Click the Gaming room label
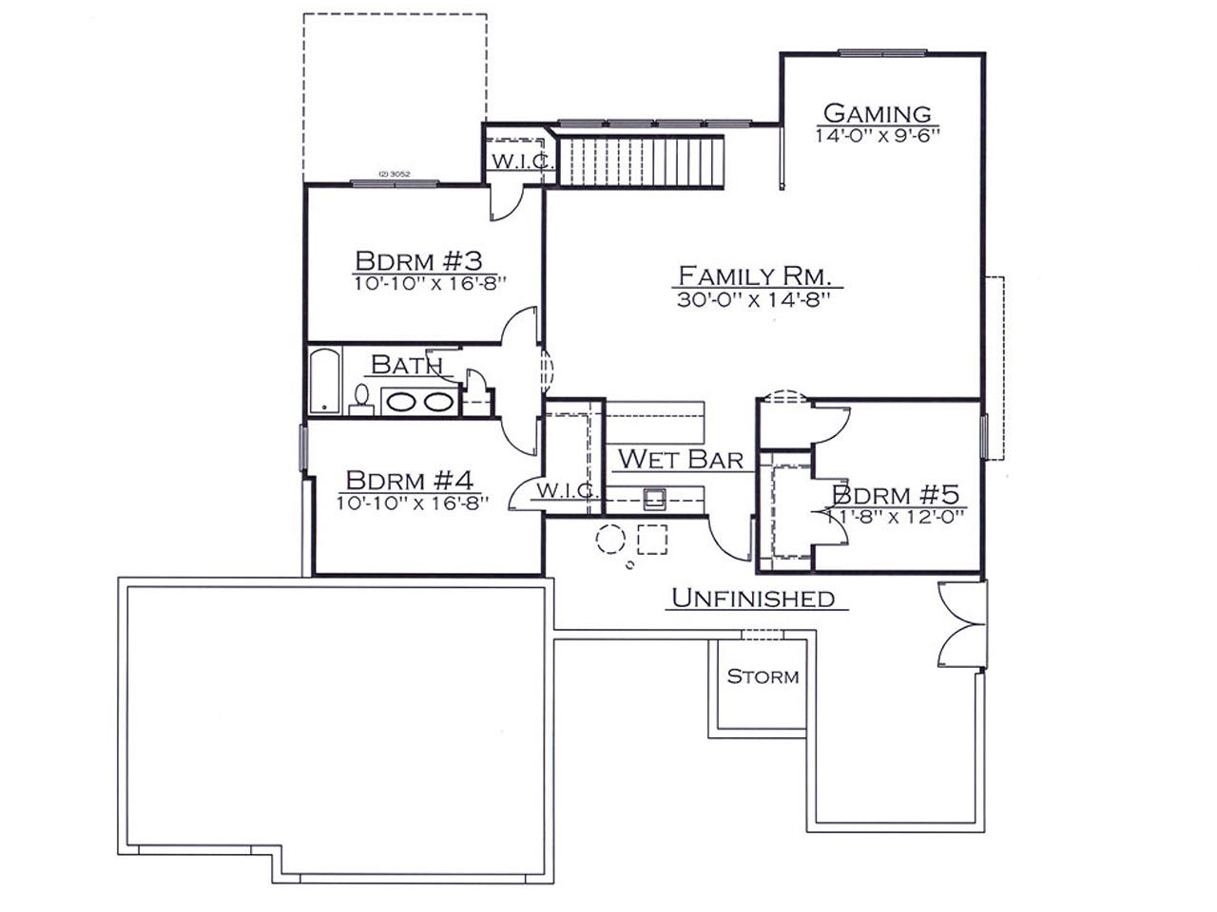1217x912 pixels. click(877, 113)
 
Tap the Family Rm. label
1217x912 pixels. click(755, 275)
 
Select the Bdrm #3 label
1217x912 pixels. click(418, 260)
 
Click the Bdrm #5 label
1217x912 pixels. click(896, 494)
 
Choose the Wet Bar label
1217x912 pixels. click(681, 459)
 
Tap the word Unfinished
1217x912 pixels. click(753, 598)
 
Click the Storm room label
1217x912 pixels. click(763, 676)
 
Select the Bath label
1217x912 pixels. click(407, 365)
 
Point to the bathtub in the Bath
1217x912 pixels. click(324, 380)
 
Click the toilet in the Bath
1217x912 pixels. click(361, 400)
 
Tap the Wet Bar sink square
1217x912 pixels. click(655, 499)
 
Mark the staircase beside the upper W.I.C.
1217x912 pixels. click(641, 161)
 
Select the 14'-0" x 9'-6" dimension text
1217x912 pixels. click(878, 136)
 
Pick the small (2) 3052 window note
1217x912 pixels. click(395, 174)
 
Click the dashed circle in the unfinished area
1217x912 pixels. click(610, 539)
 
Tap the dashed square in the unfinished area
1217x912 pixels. click(652, 539)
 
